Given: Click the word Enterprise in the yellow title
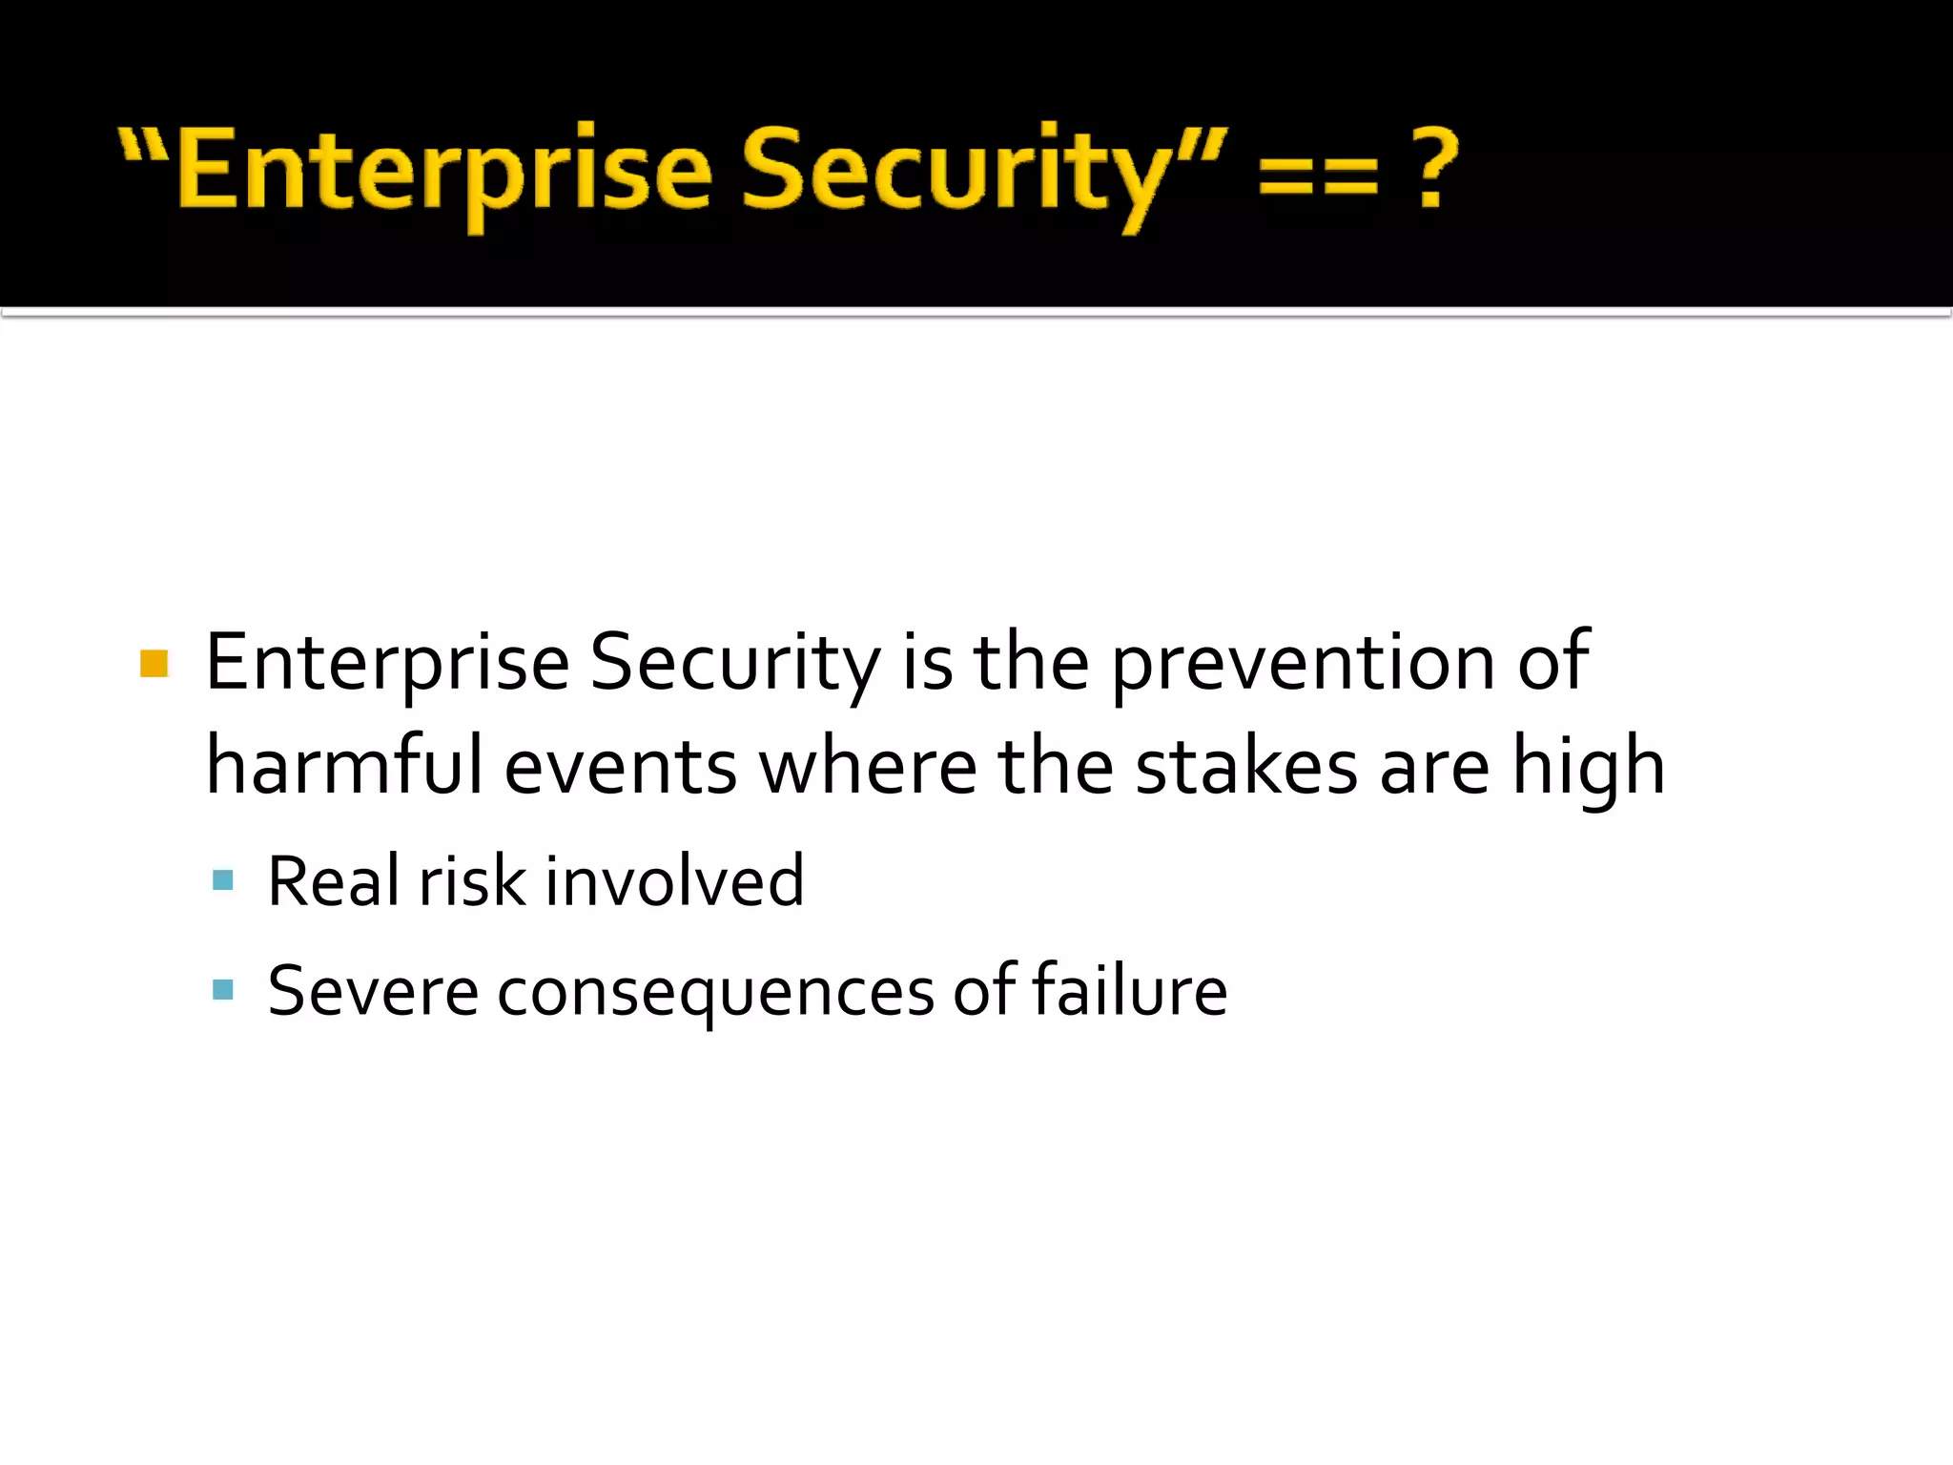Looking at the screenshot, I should [443, 172].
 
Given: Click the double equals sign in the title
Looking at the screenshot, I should [1318, 175].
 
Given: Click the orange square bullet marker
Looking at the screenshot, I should [154, 663].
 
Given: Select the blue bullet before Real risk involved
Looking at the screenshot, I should [223, 879].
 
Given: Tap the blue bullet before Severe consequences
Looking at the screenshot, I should [223, 989].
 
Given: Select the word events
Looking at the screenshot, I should [620, 768].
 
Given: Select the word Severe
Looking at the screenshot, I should [372, 991].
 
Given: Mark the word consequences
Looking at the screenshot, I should [715, 993].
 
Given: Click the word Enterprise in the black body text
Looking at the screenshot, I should [387, 663].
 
